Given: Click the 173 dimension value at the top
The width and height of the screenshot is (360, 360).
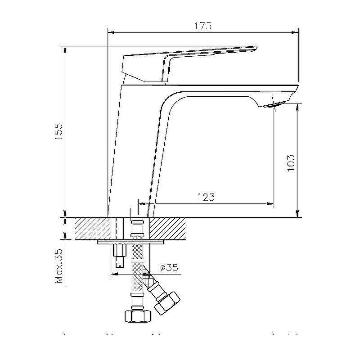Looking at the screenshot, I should (x=203, y=26).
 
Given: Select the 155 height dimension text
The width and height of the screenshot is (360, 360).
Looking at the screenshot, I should (x=58, y=131).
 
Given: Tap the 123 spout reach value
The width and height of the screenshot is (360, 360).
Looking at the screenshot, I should (x=205, y=197).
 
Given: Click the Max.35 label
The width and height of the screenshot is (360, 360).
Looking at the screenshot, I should (x=59, y=266).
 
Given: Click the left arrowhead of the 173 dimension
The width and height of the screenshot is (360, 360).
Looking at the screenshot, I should (x=111, y=32).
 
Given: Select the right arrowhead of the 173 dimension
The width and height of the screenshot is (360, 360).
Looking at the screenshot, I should (x=296, y=32).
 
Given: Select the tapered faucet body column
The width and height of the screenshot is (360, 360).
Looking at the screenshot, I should (x=135, y=148).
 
